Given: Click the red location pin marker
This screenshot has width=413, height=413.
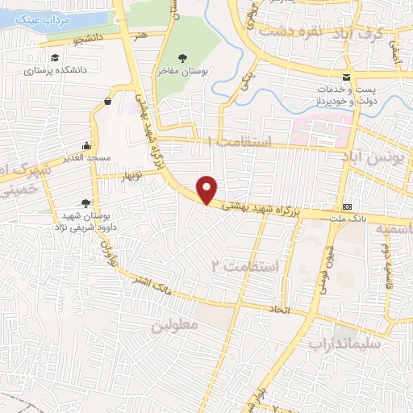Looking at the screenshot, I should point(208,190).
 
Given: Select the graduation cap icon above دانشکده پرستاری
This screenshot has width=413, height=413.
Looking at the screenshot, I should point(54,58).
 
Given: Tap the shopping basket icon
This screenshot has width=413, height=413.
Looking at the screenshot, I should point(107,101).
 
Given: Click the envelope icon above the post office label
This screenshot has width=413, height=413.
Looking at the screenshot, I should point(346,78).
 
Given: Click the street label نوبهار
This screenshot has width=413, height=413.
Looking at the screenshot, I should point(129,175).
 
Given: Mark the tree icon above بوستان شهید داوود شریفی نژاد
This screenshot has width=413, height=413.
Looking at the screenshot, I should point(86,202).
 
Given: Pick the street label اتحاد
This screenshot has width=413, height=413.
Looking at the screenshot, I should point(279,309).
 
